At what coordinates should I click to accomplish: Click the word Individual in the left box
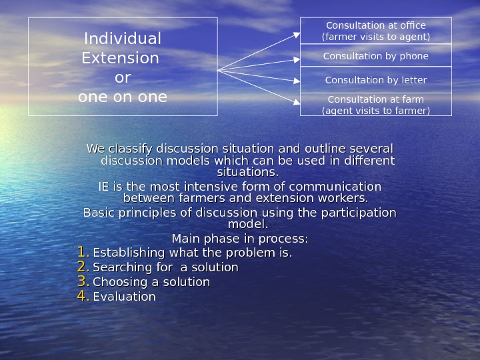(x=122, y=39)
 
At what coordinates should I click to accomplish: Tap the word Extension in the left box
(x=120, y=59)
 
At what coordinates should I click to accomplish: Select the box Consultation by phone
(x=376, y=56)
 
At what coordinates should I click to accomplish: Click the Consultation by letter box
(x=376, y=80)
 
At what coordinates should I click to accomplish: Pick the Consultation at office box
(x=376, y=31)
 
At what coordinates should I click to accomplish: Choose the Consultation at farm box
(x=376, y=105)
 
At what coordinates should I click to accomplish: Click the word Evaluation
(x=124, y=297)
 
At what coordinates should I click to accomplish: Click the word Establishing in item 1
(x=129, y=253)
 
